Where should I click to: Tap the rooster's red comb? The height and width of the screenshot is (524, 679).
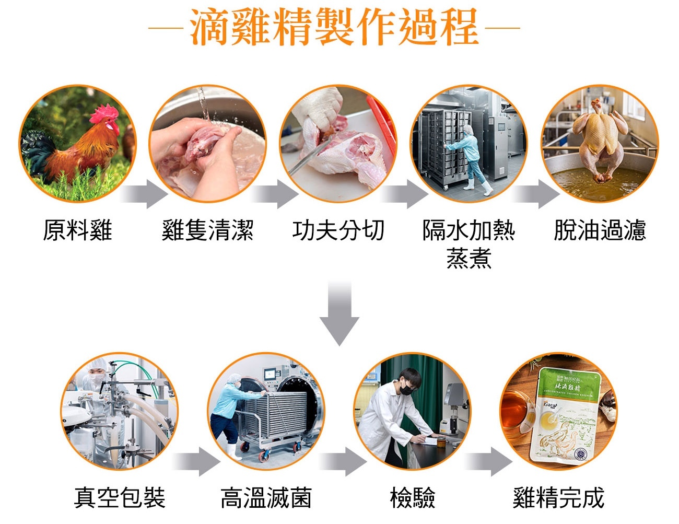pos(103,113)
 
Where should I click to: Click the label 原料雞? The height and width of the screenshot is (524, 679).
pos(77,230)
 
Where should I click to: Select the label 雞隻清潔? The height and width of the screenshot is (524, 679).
pos(208,230)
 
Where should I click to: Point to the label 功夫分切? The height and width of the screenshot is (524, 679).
pos(338,230)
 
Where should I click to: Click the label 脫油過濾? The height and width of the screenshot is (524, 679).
pos(600,230)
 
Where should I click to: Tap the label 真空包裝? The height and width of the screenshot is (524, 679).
pos(120,497)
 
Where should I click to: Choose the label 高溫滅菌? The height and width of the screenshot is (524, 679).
pos(266,497)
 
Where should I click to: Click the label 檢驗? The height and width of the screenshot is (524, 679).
pos(413,497)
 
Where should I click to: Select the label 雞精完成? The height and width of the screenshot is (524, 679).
pos(559,497)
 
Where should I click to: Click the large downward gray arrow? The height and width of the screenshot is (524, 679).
pos(340,312)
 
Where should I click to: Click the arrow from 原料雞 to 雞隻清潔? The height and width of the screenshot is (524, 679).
pos(144,194)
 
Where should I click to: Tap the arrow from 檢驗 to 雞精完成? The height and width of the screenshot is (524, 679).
pos(489,461)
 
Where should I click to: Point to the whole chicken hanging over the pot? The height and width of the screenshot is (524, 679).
pos(599,137)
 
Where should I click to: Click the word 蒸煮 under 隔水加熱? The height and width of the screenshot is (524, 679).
pos(469,258)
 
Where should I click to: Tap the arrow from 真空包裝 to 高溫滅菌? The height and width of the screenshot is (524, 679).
pos(196,461)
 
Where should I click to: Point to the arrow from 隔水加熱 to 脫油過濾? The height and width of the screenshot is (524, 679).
pos(535,194)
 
